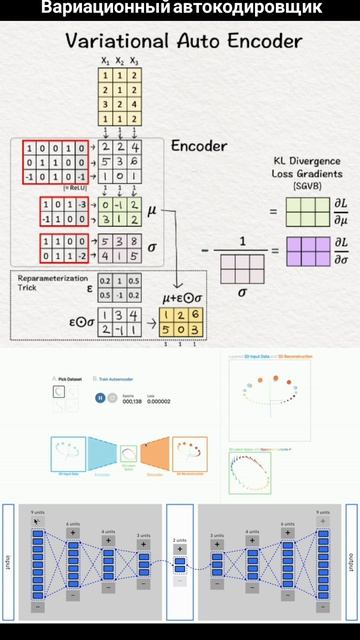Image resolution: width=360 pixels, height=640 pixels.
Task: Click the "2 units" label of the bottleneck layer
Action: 180,540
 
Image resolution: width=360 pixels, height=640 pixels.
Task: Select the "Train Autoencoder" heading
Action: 119,379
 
